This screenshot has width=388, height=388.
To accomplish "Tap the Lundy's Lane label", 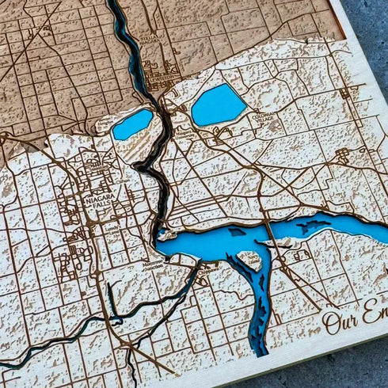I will (108, 227).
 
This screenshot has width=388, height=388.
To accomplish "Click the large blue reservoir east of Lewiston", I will (218, 105).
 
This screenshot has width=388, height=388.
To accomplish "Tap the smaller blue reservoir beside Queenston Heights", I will (132, 124).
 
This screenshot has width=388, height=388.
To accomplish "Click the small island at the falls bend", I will (163, 234).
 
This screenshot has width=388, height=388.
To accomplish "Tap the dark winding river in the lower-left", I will (48, 345).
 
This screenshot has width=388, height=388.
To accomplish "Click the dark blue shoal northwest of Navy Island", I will (236, 232).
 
